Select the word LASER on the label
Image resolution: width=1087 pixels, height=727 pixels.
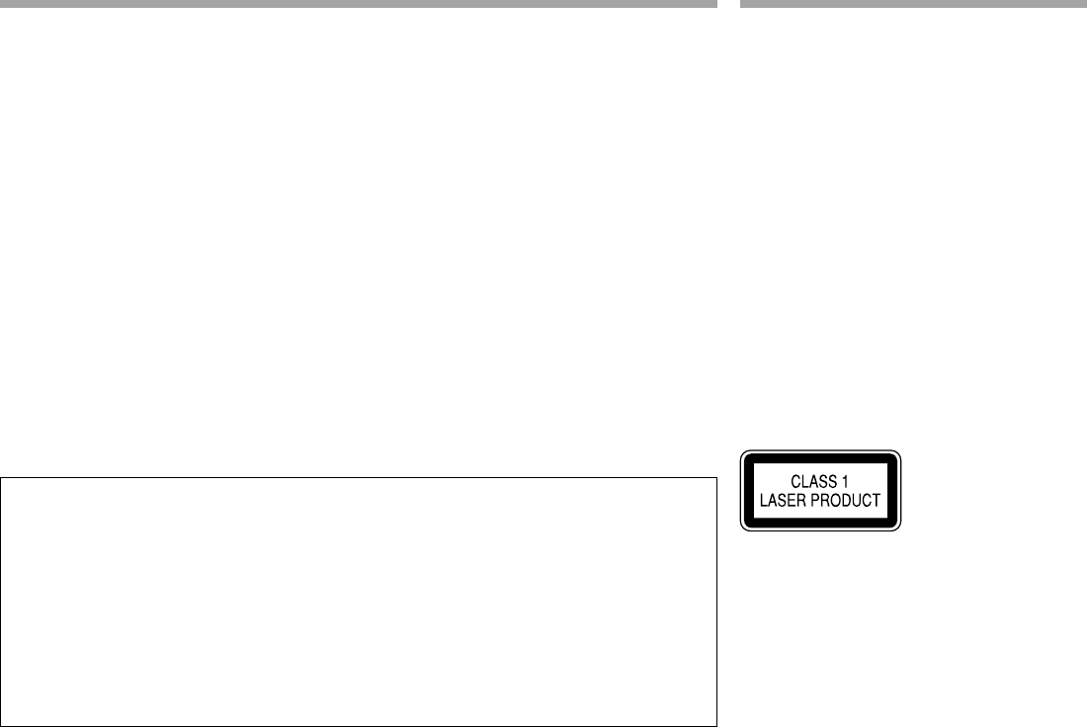tap(782, 501)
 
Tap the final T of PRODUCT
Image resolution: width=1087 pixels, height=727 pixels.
tap(875, 501)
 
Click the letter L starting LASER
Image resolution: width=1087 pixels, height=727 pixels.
tap(763, 501)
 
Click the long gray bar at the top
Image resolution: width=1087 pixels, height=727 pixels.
tap(358, 4)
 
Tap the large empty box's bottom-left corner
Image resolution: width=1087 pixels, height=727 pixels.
tap(2, 725)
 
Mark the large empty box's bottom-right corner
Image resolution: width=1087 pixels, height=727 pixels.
tap(714, 725)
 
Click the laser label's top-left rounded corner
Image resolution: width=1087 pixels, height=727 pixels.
tap(743, 454)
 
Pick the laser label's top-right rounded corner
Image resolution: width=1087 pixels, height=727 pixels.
tap(898, 454)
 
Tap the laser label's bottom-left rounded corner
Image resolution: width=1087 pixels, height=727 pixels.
tap(743, 530)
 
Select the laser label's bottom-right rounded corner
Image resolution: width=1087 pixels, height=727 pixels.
tap(898, 530)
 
